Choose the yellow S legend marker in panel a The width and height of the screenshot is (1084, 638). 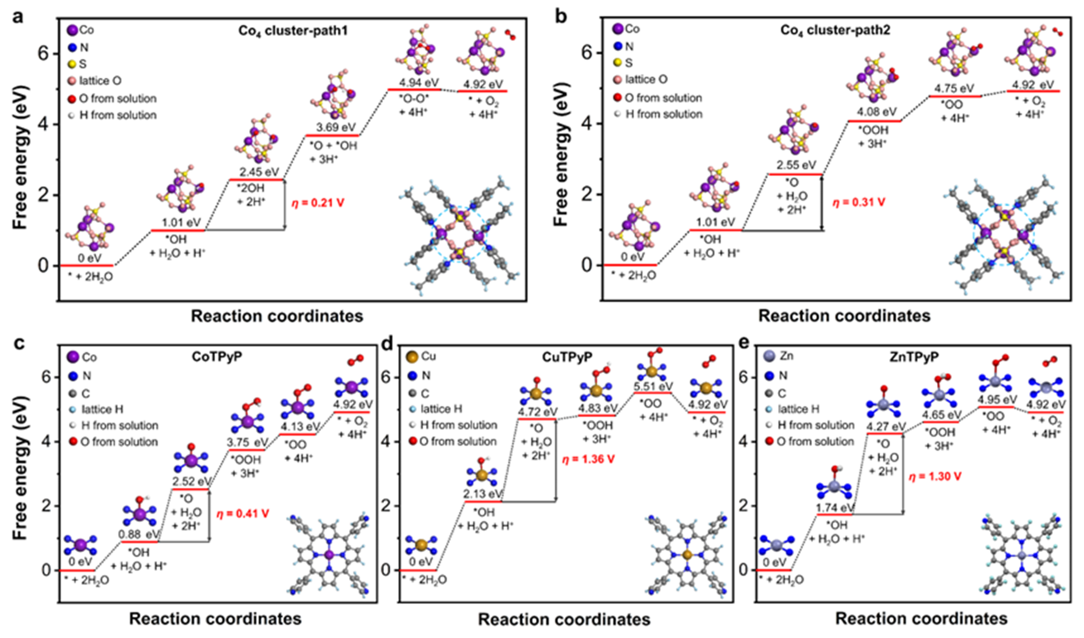tap(72, 65)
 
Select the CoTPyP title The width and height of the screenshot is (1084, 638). tap(217, 356)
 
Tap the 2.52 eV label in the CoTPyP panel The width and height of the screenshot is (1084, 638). tap(192, 481)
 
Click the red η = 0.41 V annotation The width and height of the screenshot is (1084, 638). tap(242, 514)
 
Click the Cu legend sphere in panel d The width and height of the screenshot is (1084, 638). tap(411, 357)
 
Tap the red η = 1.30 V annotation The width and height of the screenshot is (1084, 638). tap(935, 477)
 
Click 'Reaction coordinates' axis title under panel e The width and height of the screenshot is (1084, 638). tap(921, 618)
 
